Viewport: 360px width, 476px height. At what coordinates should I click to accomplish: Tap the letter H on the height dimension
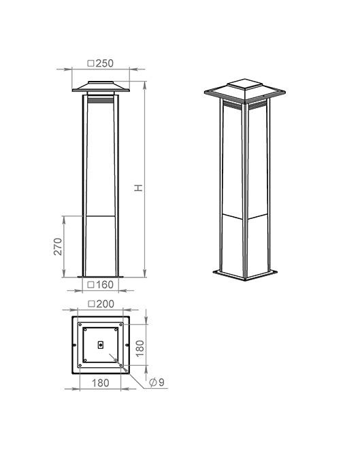(139, 188)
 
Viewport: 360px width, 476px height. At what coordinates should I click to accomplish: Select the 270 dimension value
(58, 246)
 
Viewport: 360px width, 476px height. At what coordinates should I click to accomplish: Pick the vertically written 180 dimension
(140, 348)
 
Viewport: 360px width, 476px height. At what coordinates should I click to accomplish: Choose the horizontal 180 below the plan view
(100, 383)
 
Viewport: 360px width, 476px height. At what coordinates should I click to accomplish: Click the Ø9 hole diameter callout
(157, 382)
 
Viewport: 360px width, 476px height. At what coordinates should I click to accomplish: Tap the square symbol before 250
(91, 63)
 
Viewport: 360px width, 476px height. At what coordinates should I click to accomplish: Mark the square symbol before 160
(91, 285)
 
